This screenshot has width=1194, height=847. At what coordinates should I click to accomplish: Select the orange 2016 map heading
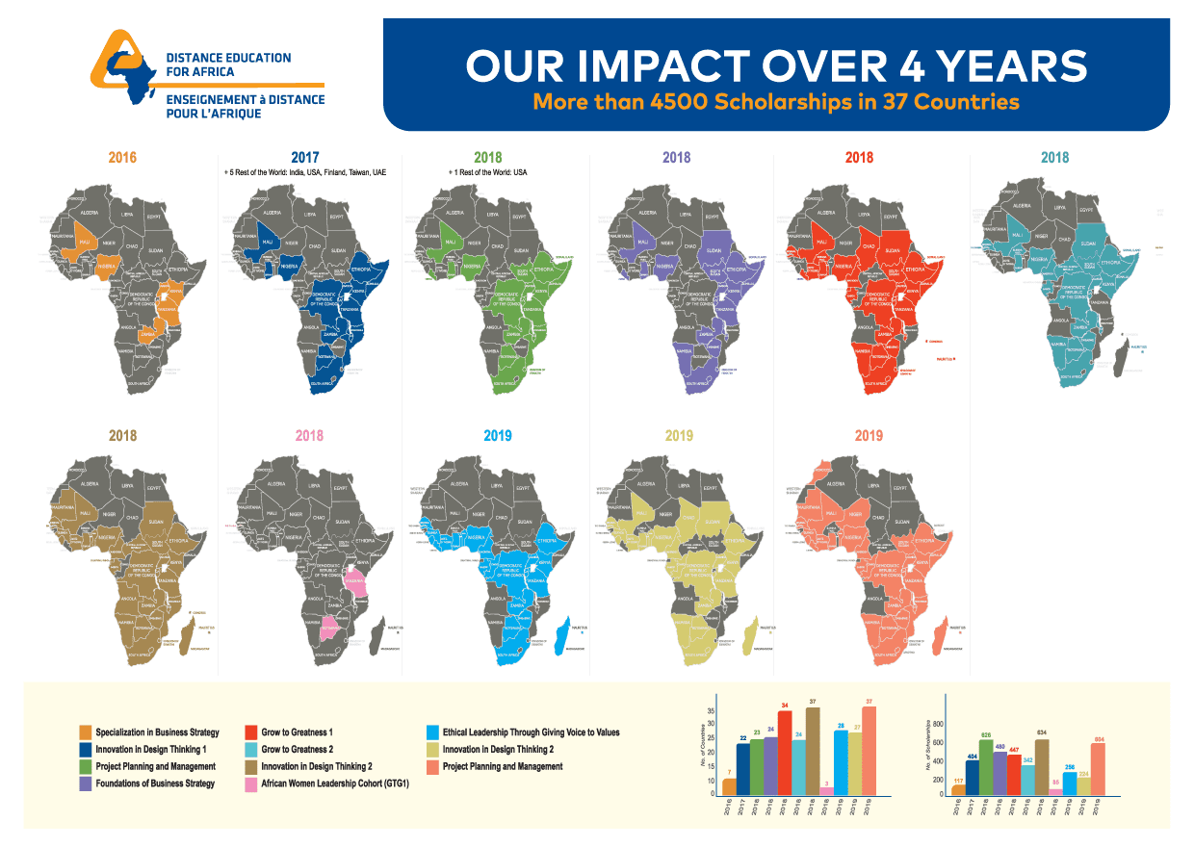(122, 157)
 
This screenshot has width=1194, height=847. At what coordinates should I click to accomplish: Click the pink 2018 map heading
(309, 435)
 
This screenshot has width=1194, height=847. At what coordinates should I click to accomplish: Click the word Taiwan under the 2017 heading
(355, 173)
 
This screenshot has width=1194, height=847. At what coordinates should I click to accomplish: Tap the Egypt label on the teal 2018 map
(1086, 209)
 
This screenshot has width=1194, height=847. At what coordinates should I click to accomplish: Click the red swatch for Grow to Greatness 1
(251, 732)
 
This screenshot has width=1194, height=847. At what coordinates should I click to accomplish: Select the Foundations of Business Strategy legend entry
(155, 784)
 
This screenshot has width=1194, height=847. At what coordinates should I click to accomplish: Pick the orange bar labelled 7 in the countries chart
(729, 786)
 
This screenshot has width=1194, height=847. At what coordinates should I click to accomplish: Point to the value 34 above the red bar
(784, 705)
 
